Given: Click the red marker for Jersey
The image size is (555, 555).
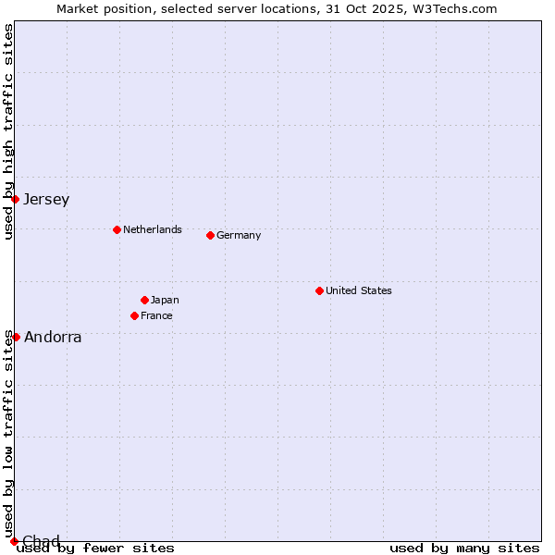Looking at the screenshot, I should click(x=15, y=199).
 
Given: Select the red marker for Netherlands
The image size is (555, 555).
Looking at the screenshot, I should click(x=117, y=229).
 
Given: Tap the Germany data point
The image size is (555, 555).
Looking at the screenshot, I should click(x=210, y=235).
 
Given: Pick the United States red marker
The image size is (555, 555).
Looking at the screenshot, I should click(x=319, y=290).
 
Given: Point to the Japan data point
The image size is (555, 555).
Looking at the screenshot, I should click(x=144, y=300).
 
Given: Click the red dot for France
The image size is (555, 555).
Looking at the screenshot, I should click(x=134, y=315).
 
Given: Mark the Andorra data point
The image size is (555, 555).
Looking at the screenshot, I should click(x=16, y=337).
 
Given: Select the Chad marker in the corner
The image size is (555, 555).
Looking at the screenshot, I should click(x=14, y=541).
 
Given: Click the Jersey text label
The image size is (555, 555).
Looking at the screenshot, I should click(x=46, y=200).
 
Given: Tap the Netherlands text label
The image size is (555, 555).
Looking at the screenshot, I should click(x=153, y=229).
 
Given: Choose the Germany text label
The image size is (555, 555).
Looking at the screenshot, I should click(x=239, y=235).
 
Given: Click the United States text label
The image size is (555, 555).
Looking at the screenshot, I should click(x=359, y=290).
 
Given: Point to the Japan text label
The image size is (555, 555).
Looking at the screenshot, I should click(x=165, y=300).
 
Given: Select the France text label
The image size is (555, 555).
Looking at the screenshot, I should click(x=156, y=315).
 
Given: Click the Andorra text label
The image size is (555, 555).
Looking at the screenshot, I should click(x=53, y=338).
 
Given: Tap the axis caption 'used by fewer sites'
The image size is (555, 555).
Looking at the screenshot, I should click(x=96, y=549).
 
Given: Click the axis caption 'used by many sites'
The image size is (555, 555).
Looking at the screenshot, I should click(x=464, y=549).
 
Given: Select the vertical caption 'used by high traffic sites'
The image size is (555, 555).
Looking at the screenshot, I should click(x=8, y=131).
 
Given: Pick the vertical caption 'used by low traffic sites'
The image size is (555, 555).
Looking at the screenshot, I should click(x=8, y=433).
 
